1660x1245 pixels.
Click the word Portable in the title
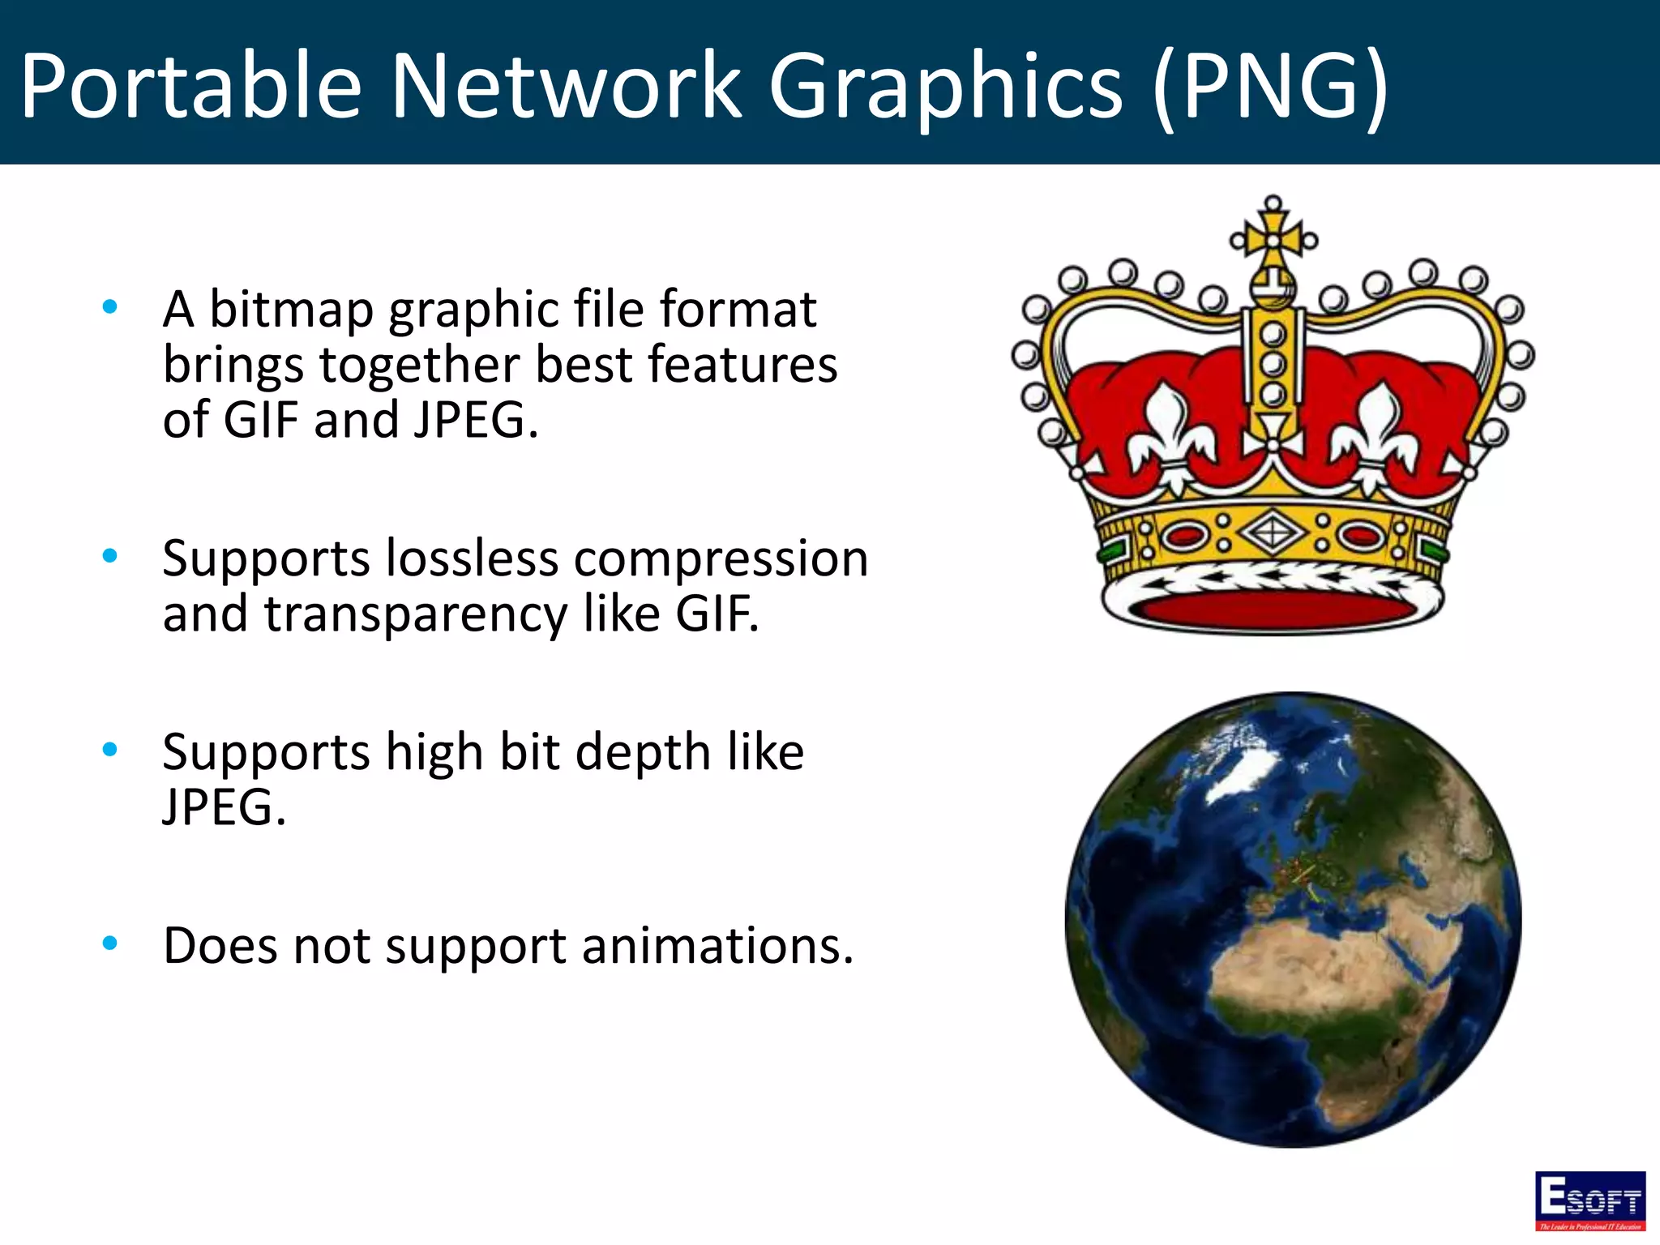(191, 86)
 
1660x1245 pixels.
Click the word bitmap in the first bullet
(291, 310)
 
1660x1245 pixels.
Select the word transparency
(416, 614)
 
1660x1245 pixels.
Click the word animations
(717, 945)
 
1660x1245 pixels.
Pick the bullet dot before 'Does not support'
(110, 943)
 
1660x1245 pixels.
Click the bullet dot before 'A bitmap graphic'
(110, 306)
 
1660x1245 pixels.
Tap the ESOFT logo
(1589, 1200)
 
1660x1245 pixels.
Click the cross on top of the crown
(1273, 237)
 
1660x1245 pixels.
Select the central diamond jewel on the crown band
(1272, 533)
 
